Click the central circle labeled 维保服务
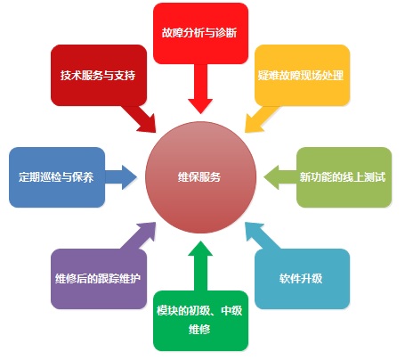tap(200, 177)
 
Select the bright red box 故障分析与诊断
tap(200, 33)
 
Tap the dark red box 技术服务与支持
tap(99, 75)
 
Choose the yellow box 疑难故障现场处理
tap(302, 75)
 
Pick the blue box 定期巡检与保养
tap(57, 177)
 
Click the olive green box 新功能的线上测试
tap(344, 177)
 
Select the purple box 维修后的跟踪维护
tap(99, 279)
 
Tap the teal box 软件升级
tap(302, 279)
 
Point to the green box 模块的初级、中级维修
tap(200, 321)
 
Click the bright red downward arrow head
tap(200, 105)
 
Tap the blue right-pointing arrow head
tap(129, 177)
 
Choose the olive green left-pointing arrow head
tap(271, 177)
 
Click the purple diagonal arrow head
tap(149, 230)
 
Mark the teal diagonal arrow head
tap(253, 230)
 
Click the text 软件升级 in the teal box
tap(301, 279)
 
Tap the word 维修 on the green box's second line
tap(199, 330)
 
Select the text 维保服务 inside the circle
tap(199, 177)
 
